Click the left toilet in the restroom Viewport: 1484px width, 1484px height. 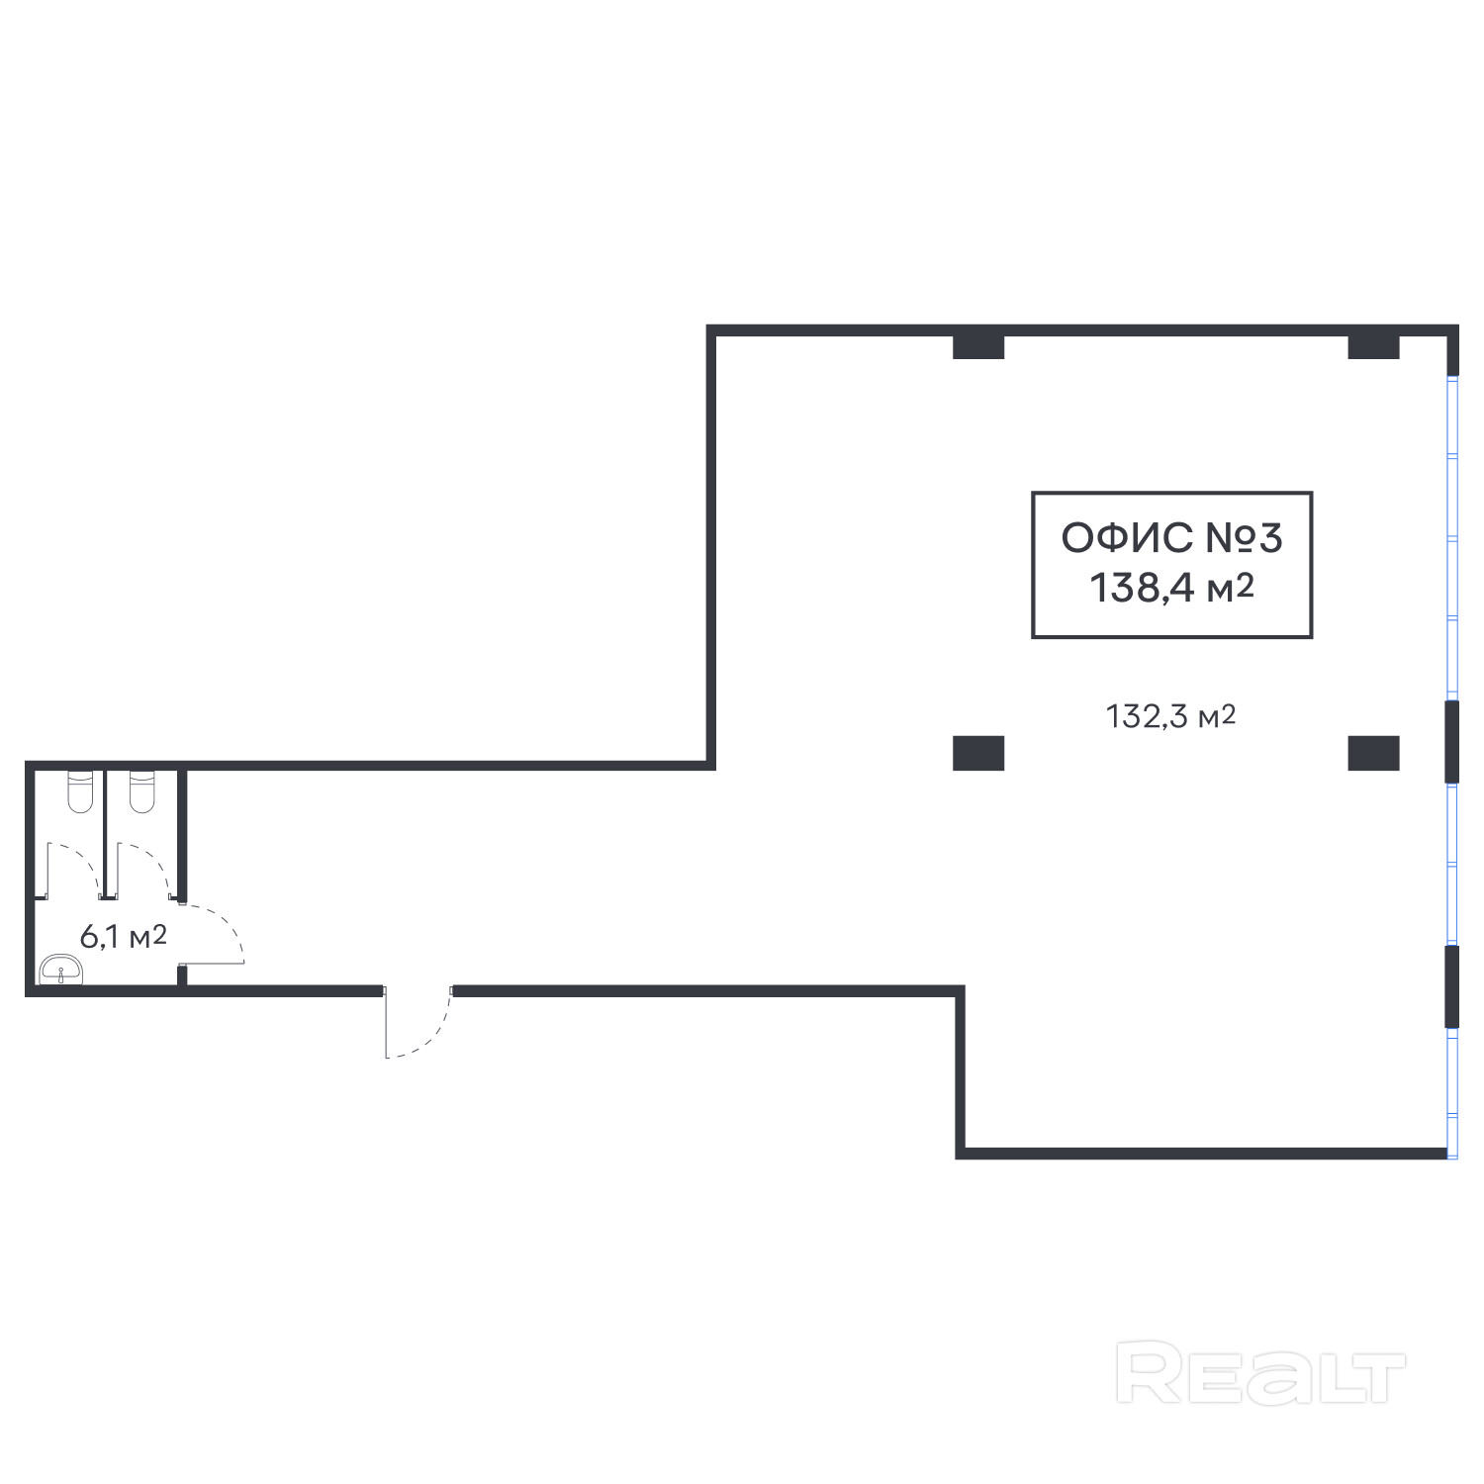pos(79,790)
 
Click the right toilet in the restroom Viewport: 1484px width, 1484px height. pos(142,790)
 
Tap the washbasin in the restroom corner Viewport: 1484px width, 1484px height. pos(61,970)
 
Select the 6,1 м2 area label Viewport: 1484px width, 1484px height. pos(123,936)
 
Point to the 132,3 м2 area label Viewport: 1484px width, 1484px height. pos(1170,715)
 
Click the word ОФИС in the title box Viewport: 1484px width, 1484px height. pos(1126,539)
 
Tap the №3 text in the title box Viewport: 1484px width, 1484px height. pos(1244,539)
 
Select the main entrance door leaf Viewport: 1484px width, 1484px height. pos(386,1023)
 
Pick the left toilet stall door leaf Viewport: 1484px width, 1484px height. pos(48,871)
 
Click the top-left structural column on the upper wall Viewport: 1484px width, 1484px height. pos(978,347)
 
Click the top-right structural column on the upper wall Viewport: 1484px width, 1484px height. pos(1373,347)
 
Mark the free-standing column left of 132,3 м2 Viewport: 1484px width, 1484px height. pos(978,753)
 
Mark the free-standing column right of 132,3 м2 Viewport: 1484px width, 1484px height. pos(1373,753)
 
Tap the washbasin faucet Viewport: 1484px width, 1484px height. pos(61,974)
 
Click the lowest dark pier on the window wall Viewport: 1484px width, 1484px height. pos(1451,987)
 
